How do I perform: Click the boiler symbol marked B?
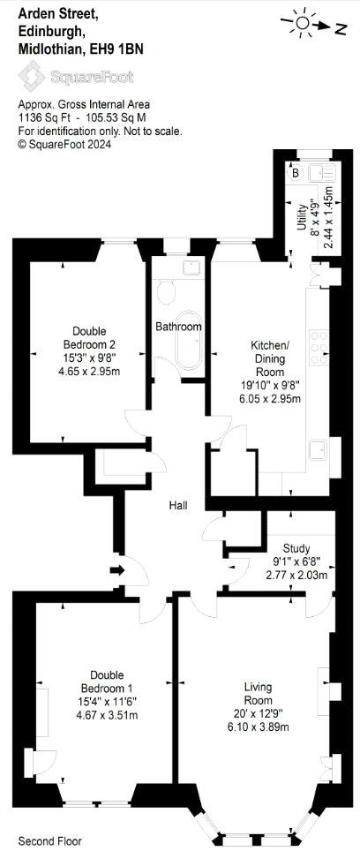296,173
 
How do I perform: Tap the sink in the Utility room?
323,174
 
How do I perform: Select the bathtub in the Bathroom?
189,341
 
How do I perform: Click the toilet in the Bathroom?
167,292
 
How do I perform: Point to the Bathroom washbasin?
192,267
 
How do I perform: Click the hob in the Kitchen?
319,347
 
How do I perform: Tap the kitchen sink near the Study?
319,450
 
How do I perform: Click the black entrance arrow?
117,570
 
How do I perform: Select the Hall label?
178,505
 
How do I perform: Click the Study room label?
296,548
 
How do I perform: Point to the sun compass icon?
303,23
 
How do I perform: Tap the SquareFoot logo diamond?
31,75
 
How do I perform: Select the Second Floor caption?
50,841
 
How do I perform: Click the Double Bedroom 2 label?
89,337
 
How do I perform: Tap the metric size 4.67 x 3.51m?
107,715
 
